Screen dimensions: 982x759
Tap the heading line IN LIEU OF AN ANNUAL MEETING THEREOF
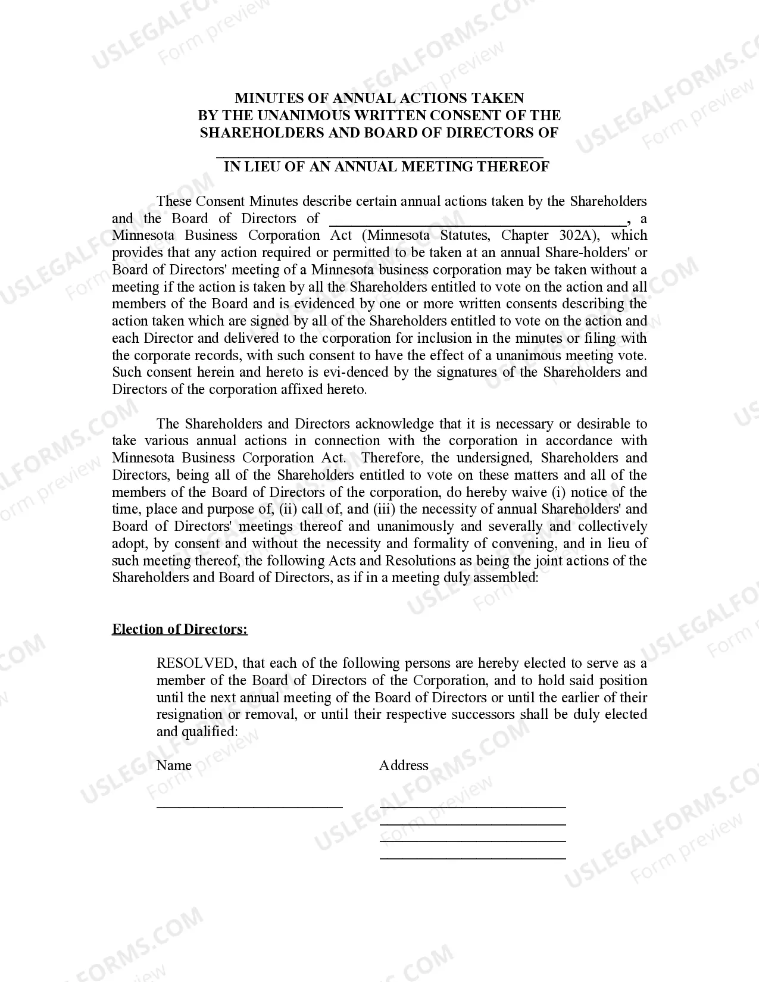click(x=386, y=167)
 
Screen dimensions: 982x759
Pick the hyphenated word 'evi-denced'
click(x=355, y=373)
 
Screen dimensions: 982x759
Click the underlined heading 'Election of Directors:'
click(x=180, y=630)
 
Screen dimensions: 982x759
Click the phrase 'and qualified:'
click(x=197, y=732)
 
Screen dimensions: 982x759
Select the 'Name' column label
click(x=174, y=766)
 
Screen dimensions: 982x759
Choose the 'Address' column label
click(x=404, y=766)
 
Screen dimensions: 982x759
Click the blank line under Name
click(x=249, y=806)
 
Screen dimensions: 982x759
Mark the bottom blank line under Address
click(x=473, y=858)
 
